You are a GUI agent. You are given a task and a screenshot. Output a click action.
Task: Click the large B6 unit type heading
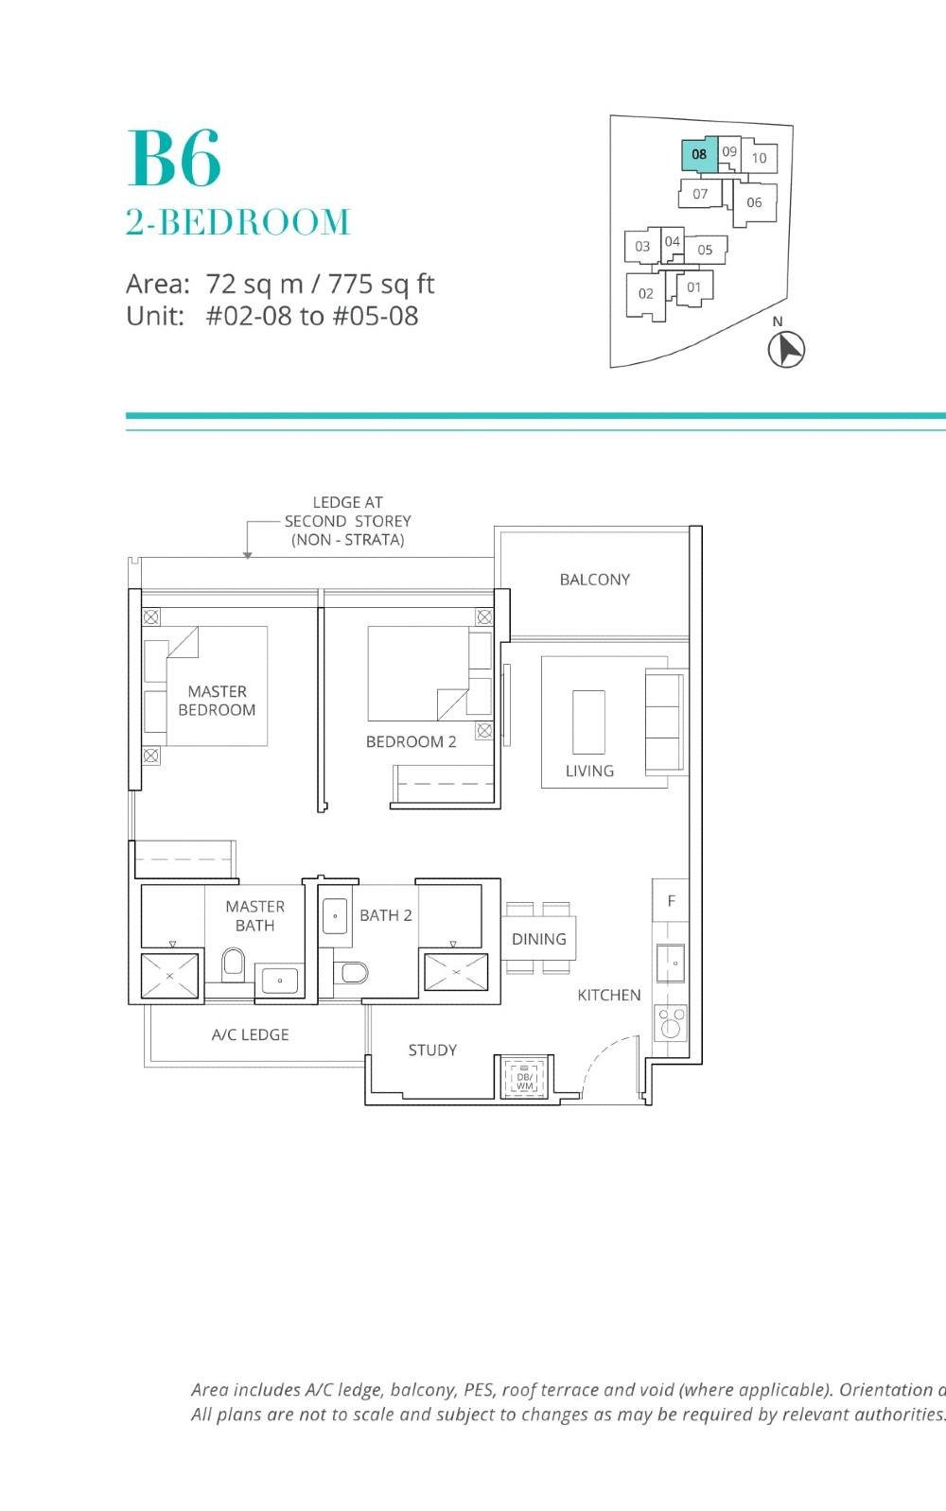175,159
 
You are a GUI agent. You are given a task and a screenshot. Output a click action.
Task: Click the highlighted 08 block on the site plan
699,154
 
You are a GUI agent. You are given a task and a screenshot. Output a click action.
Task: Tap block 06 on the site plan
754,202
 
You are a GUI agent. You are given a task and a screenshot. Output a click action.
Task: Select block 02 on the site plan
646,294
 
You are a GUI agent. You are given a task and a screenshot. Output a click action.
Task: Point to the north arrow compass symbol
785,349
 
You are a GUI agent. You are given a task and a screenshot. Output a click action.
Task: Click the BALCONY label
594,580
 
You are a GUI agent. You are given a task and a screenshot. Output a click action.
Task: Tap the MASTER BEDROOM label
217,701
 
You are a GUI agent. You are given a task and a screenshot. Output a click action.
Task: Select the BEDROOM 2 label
411,742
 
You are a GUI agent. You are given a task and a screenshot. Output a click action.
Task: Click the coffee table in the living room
588,721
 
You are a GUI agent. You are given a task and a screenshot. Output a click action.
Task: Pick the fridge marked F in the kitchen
671,901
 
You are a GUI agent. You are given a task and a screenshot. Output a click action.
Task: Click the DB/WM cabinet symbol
524,1077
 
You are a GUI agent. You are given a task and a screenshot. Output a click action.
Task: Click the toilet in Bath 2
353,972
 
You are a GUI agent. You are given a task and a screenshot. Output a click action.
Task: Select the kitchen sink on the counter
671,963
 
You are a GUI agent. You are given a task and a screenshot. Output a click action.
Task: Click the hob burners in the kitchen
671,1022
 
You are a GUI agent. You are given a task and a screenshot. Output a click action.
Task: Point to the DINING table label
538,939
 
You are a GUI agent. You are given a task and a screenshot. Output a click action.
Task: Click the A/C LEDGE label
250,1035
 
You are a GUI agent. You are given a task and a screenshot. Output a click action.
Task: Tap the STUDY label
432,1051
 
